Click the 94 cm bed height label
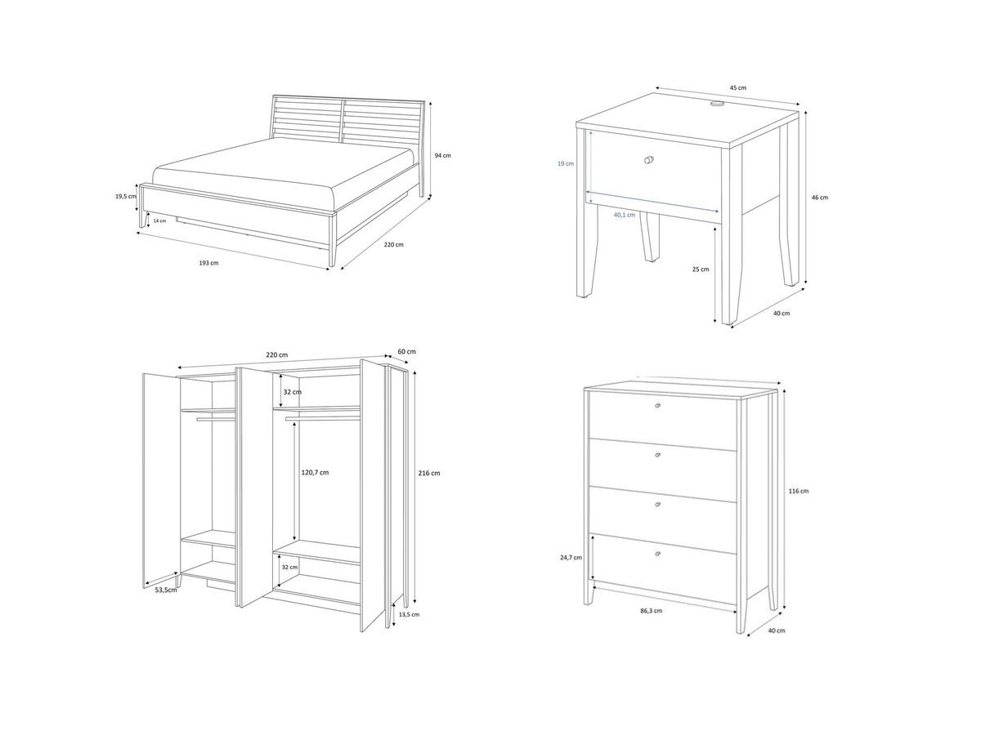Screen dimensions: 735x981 442,154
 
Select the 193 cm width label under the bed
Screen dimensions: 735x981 209,263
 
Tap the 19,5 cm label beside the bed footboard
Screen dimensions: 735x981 126,196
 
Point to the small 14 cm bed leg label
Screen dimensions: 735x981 159,220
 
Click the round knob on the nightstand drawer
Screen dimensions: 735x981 650,159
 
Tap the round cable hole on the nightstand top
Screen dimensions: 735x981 717,104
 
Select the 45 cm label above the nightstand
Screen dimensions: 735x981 737,87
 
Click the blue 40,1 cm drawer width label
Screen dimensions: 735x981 625,215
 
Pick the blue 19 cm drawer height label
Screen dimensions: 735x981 566,163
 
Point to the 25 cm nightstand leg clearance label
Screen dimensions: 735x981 699,269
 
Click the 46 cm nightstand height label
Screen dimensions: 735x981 819,197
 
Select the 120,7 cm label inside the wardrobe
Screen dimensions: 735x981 315,472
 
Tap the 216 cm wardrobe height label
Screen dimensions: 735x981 429,473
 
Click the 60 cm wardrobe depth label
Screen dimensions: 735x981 406,351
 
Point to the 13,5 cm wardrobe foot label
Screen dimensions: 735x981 409,614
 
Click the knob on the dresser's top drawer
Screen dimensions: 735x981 658,406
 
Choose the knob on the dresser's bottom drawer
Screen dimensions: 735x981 658,555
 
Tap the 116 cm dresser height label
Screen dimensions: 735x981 799,491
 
